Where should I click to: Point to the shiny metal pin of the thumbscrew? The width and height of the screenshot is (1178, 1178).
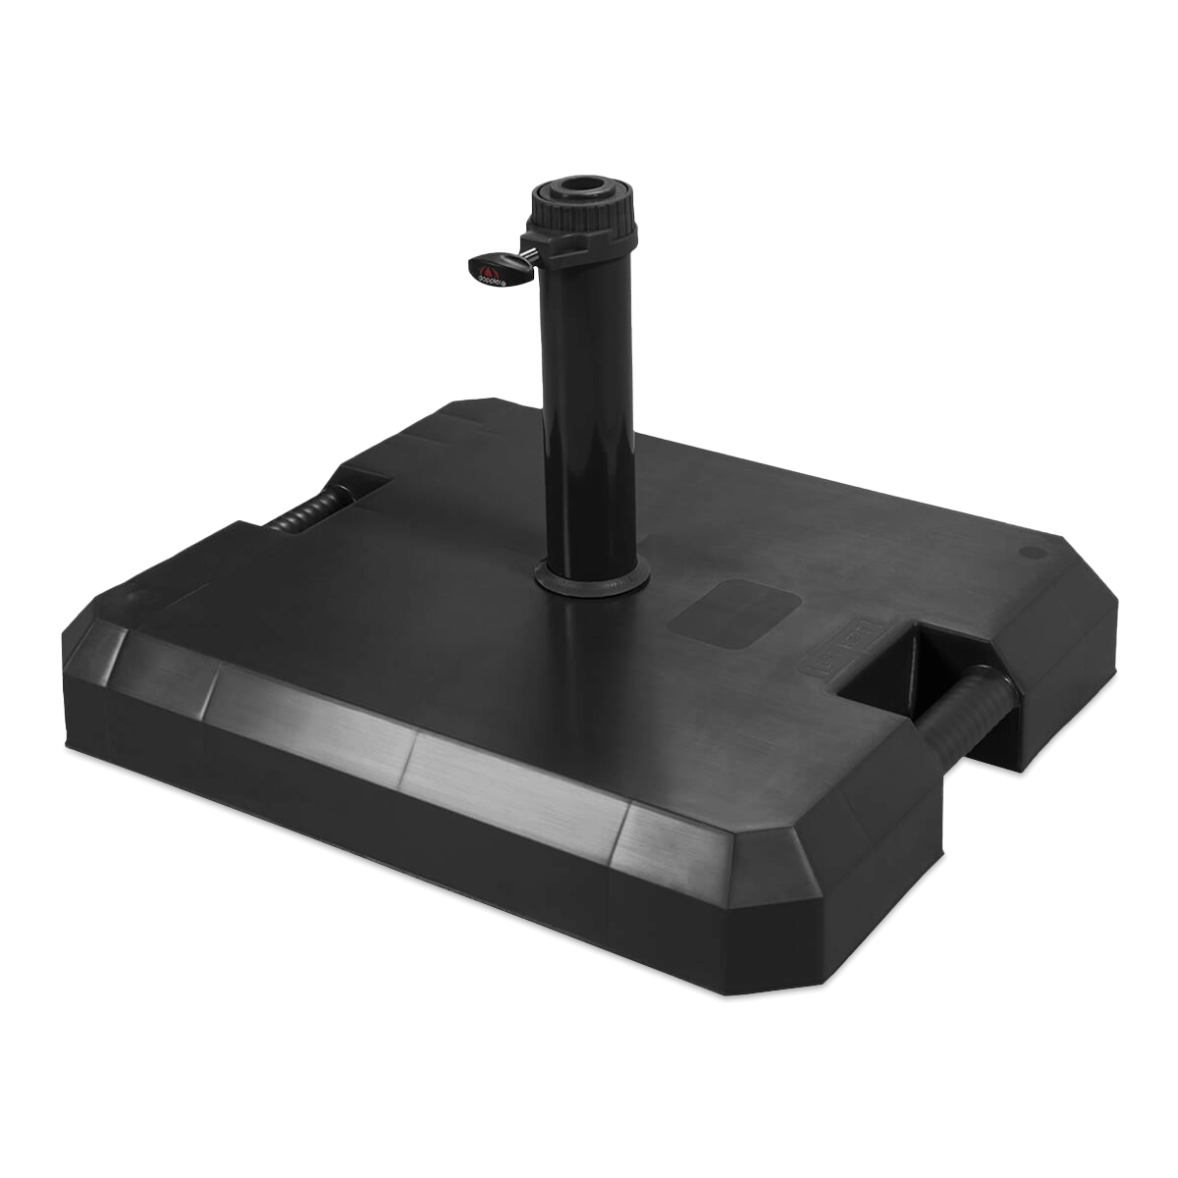point(528,257)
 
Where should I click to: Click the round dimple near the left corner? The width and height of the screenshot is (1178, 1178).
point(134,597)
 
